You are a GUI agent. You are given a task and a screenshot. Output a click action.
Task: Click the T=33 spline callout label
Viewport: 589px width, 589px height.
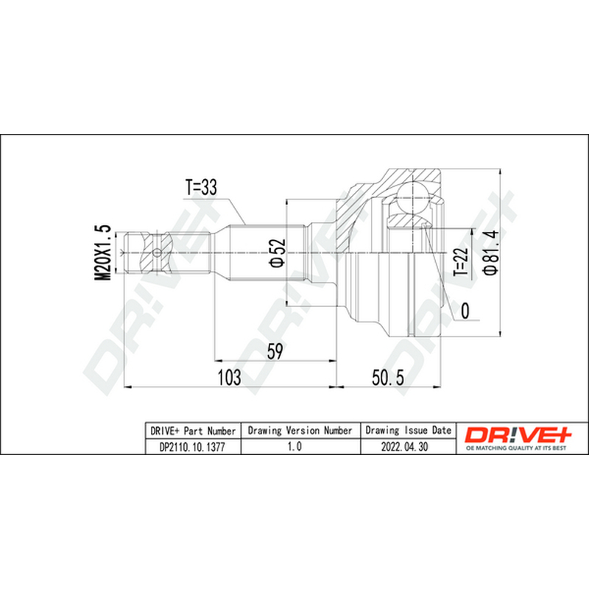pos(201,187)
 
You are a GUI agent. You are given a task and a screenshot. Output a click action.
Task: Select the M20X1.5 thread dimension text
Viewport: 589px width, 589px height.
pos(102,252)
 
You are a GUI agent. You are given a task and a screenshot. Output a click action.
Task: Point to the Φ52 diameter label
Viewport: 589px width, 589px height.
pos(278,253)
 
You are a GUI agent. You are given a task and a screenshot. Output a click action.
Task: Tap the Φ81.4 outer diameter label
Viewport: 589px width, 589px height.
pos(490,252)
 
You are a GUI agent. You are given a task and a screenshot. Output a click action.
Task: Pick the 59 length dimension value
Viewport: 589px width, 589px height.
pos(274,352)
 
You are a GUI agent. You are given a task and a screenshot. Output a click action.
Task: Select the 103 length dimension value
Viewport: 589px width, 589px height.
pos(230,377)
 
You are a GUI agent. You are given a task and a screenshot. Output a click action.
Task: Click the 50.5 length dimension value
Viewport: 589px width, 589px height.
pos(388,378)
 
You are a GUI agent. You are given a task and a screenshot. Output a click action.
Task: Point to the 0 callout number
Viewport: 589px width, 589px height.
pos(465,311)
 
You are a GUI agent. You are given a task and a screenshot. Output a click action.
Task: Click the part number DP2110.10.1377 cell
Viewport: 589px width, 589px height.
pos(193,447)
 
